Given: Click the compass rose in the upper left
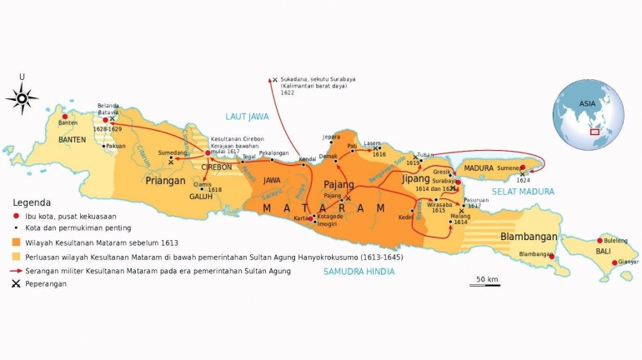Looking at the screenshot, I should [22, 97].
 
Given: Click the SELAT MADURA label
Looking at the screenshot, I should [522, 192].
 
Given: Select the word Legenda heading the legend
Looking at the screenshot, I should [32, 202].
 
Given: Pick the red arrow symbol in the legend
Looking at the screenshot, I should [16, 271].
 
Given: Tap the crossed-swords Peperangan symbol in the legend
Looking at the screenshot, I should [16, 284].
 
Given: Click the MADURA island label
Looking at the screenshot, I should [479, 168].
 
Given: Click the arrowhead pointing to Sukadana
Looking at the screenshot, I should [273, 80].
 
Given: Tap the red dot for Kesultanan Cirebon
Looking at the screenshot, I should [208, 152].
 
